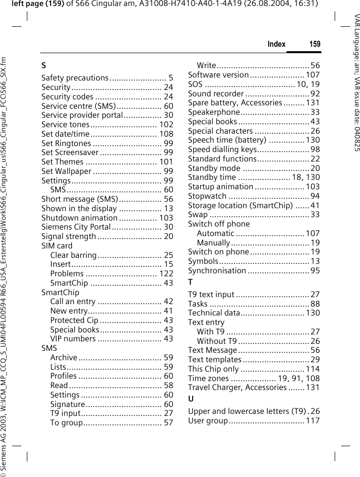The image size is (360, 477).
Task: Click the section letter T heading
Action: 191,282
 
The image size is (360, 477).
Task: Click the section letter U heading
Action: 191,399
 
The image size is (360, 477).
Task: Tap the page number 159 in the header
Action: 315,44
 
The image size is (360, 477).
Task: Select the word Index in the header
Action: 277,44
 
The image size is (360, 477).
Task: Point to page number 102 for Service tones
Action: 166,125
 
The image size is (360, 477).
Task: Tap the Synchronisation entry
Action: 217,271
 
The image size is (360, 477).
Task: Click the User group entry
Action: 208,421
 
